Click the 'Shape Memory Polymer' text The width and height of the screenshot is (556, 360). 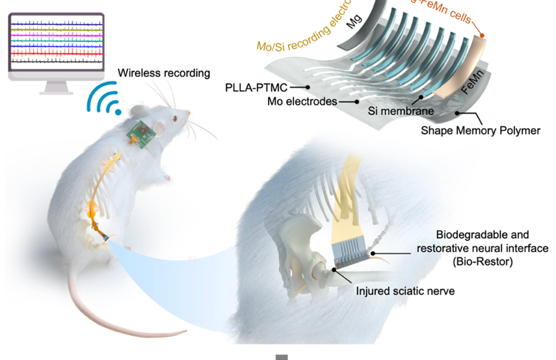tap(480, 131)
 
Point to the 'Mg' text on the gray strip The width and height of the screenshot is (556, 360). tap(354, 22)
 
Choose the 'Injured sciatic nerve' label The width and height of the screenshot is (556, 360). tap(404, 291)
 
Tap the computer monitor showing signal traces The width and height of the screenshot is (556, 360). tap(56, 45)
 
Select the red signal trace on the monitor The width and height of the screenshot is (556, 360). tap(56, 51)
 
